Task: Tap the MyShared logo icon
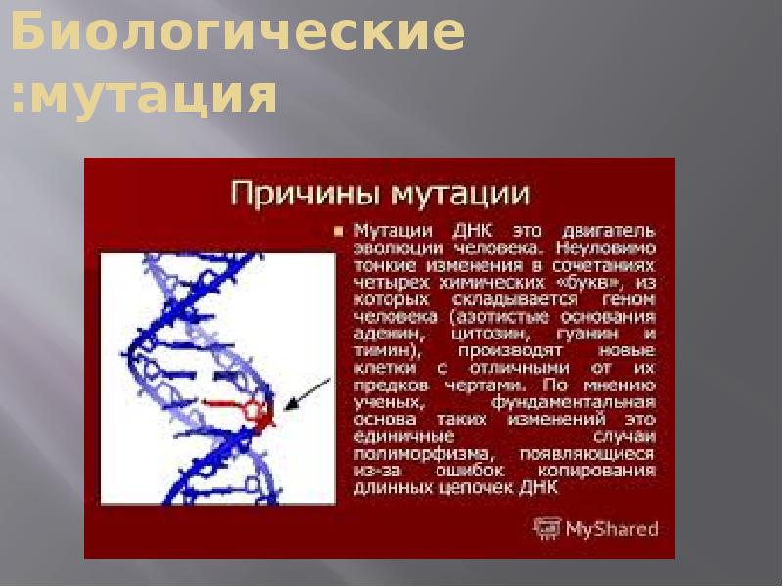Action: click(x=546, y=529)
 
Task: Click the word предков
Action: click(x=384, y=384)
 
